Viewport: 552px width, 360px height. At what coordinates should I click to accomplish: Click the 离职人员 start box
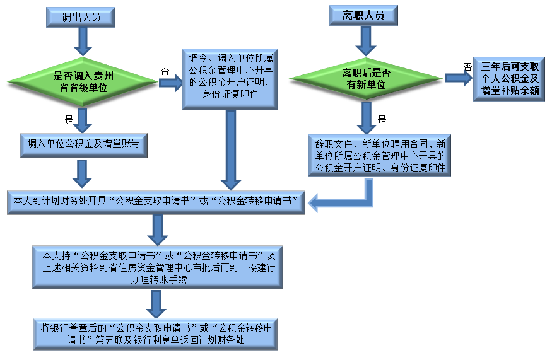tap(363, 16)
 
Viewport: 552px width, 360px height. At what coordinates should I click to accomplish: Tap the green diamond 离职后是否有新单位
tap(367, 79)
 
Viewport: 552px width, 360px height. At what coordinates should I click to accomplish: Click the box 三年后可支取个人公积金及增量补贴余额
tap(510, 79)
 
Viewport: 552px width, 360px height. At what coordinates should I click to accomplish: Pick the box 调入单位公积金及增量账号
tap(83, 144)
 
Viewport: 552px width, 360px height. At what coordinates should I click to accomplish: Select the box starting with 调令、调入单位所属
tap(230, 78)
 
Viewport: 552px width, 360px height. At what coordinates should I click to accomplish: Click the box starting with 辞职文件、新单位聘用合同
tap(380, 154)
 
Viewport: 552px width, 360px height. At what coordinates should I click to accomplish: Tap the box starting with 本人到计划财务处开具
tap(156, 200)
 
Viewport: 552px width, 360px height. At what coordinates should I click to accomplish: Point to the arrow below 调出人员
tap(82, 41)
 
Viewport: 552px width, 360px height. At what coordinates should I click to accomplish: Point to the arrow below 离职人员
tap(366, 41)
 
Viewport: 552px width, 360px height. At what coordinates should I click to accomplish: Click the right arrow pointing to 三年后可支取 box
tap(459, 78)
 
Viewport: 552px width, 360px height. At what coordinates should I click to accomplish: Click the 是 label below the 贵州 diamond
tap(69, 119)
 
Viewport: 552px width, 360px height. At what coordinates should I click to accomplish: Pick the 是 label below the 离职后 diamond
tap(382, 119)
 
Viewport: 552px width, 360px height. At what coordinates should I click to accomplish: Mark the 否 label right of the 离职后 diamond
tap(467, 66)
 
